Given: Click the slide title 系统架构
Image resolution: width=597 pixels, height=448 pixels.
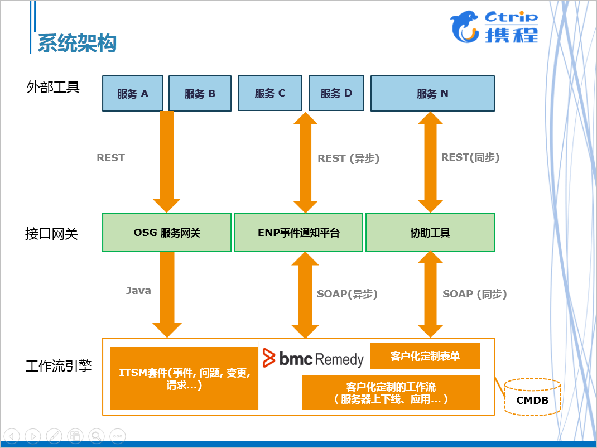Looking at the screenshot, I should [x=77, y=43].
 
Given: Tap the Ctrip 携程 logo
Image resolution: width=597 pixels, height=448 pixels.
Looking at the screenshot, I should [x=494, y=27].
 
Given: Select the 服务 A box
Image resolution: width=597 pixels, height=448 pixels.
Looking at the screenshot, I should [x=133, y=94].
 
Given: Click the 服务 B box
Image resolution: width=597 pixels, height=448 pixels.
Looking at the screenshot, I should [x=200, y=94].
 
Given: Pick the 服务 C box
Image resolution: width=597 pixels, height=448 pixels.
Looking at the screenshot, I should [x=269, y=93].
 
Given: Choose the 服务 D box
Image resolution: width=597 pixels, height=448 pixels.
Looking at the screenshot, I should [x=336, y=93].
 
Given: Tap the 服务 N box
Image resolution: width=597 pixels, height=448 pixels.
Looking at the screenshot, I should [x=432, y=94].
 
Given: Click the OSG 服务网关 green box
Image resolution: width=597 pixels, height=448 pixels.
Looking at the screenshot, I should [x=167, y=233].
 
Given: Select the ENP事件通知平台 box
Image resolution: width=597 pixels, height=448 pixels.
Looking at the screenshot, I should [x=298, y=233].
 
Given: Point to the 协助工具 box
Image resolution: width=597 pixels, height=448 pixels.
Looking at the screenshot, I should [x=430, y=233].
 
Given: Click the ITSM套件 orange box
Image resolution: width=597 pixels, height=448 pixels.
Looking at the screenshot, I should [x=184, y=378].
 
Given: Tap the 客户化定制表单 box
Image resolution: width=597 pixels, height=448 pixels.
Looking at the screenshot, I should [x=425, y=356].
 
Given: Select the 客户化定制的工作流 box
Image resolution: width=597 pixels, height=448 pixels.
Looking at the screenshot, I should [x=391, y=392].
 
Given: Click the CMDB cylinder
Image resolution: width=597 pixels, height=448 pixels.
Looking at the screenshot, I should [x=532, y=397].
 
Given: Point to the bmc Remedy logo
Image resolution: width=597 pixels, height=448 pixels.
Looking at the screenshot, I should [x=313, y=359].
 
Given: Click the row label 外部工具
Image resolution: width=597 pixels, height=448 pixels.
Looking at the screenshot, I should [x=53, y=87].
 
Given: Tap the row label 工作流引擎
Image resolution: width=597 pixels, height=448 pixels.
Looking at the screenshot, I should [x=59, y=367].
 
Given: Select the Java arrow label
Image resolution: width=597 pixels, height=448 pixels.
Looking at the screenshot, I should [x=138, y=291].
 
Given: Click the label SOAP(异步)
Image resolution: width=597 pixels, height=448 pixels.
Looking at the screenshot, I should [x=347, y=294].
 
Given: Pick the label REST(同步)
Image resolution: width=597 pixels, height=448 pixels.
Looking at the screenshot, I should [x=470, y=157].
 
